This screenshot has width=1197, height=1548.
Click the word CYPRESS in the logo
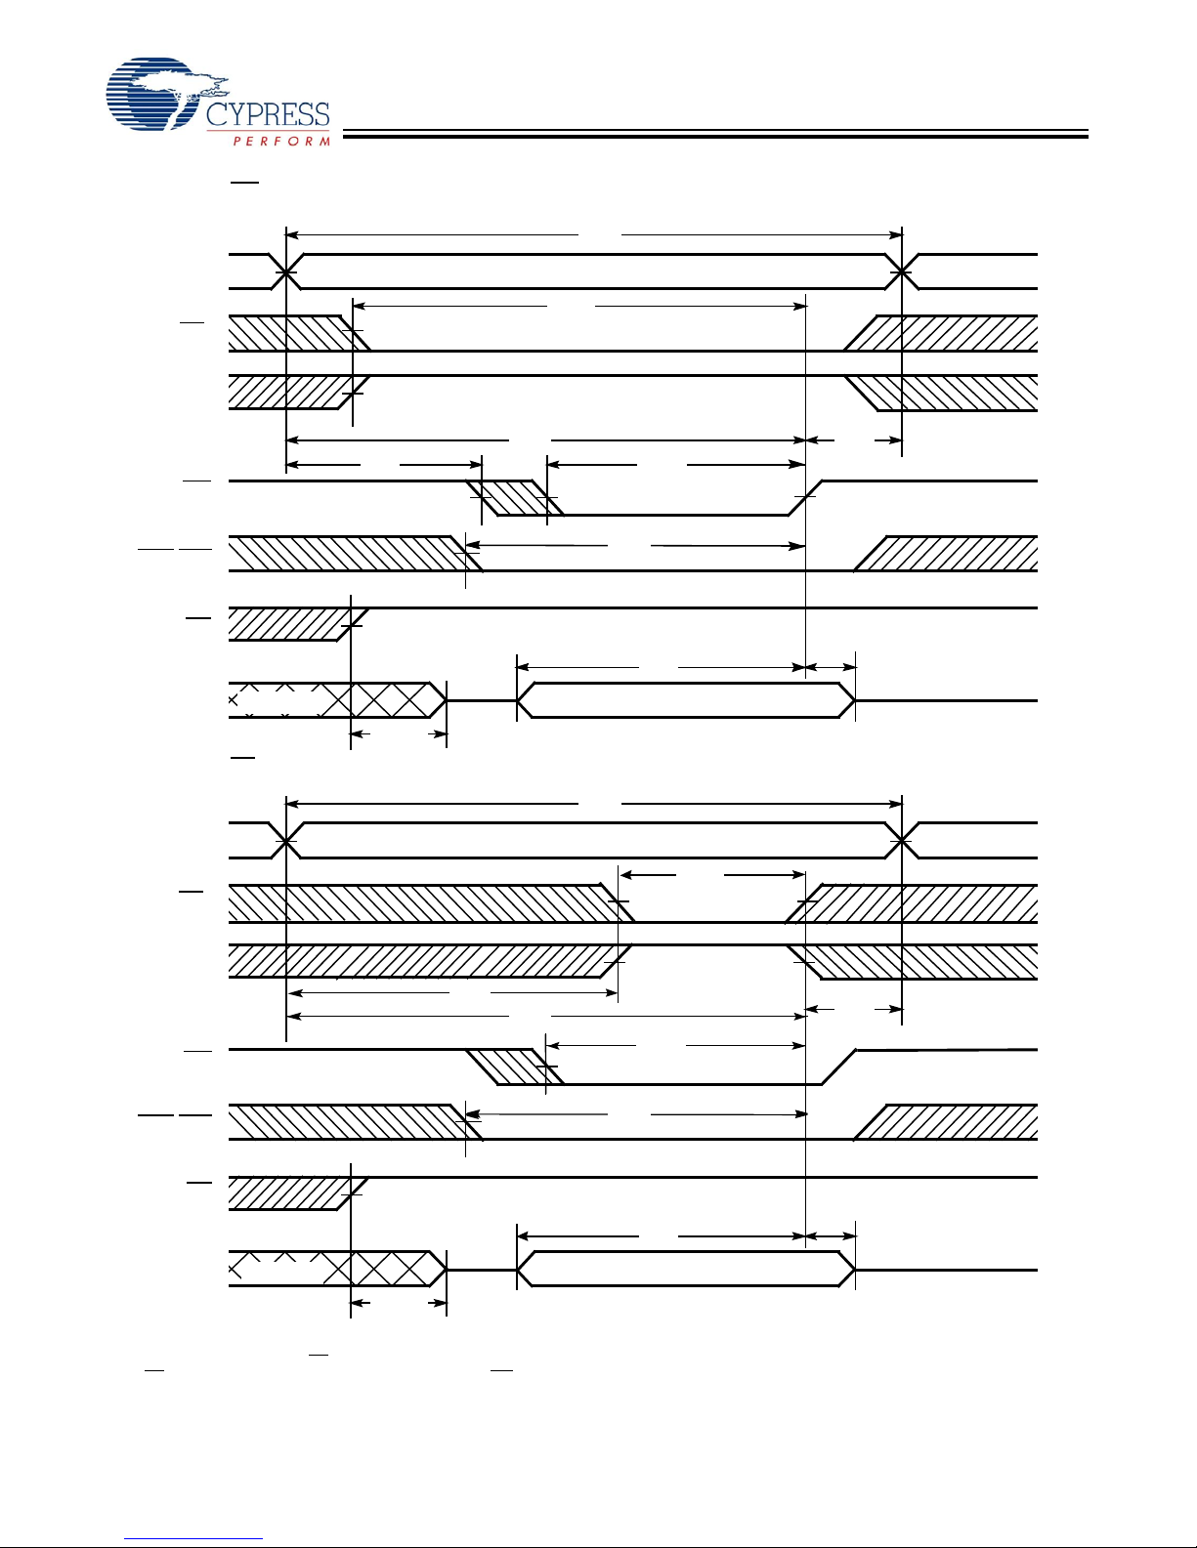coord(267,114)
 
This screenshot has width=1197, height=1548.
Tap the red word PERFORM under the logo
coord(281,142)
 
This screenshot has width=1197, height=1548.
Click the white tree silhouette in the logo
coord(181,84)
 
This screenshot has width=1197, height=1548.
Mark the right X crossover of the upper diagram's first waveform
coord(901,272)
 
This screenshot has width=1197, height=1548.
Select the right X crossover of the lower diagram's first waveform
coord(901,840)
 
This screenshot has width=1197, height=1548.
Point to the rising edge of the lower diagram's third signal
coord(838,1067)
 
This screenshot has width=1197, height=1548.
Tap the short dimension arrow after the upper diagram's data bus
coord(830,668)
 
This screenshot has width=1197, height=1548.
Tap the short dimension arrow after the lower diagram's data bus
coord(830,1236)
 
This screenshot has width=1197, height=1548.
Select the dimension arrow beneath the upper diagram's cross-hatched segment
coord(398,733)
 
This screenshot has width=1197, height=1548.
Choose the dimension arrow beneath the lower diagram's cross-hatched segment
coord(398,1302)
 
